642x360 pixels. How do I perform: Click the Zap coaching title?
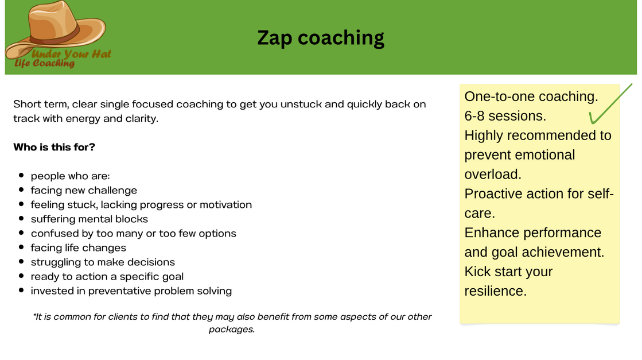(321, 38)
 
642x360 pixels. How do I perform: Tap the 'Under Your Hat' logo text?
(71, 54)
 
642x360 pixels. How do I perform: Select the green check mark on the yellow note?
(610, 104)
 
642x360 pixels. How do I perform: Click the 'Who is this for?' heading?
(54, 147)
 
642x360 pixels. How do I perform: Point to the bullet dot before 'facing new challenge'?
(21, 189)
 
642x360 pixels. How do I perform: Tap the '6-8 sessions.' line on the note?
(505, 116)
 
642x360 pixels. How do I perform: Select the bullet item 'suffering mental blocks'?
(90, 219)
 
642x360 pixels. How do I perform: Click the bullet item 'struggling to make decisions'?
(103, 262)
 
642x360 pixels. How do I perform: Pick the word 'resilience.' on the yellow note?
(496, 291)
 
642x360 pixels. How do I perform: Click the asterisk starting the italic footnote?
(34, 315)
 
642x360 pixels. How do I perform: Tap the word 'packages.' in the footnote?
(232, 330)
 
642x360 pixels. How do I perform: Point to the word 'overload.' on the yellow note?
(493, 174)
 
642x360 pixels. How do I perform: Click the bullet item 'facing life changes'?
(78, 248)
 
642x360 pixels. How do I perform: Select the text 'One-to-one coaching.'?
(531, 96)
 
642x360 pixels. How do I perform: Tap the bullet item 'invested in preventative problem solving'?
(131, 291)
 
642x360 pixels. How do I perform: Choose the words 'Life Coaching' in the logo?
(44, 63)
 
